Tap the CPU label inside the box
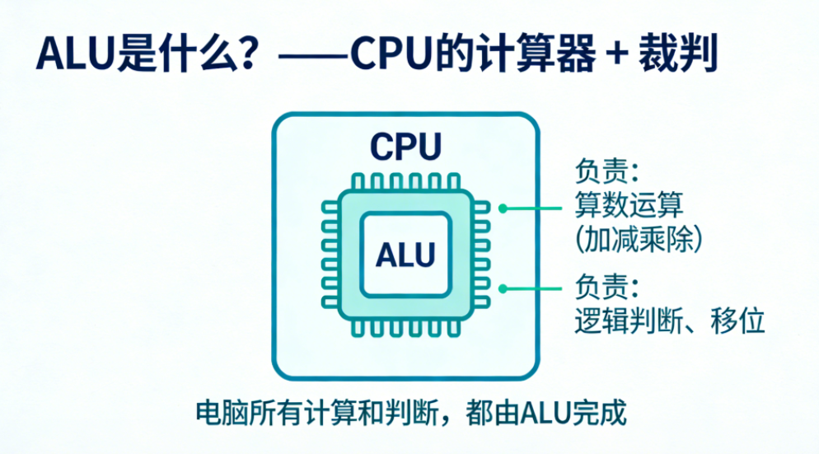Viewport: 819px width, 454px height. (405, 147)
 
